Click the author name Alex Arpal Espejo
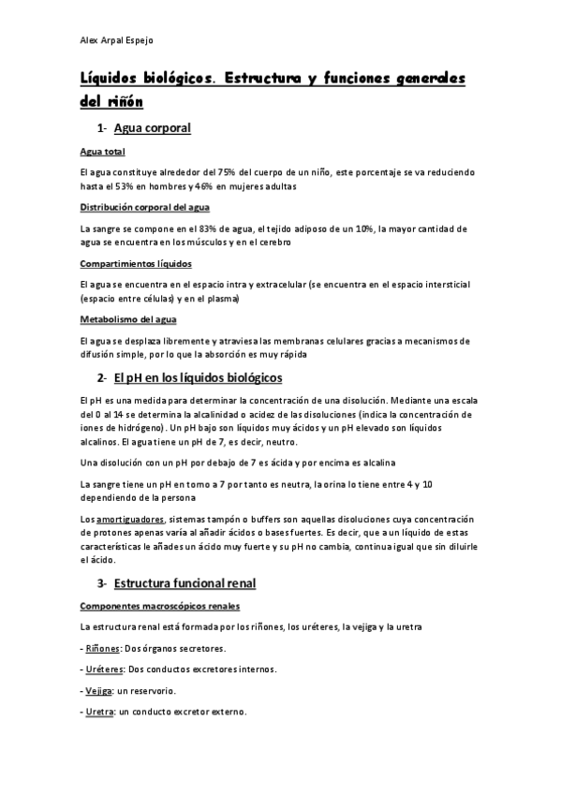pyautogui.click(x=115, y=40)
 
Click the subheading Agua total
pyautogui.click(x=103, y=152)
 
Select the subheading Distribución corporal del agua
pyautogui.click(x=145, y=207)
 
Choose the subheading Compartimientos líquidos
pyautogui.click(x=137, y=263)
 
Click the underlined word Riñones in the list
pyautogui.click(x=103, y=648)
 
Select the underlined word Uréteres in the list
pyautogui.click(x=104, y=669)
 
